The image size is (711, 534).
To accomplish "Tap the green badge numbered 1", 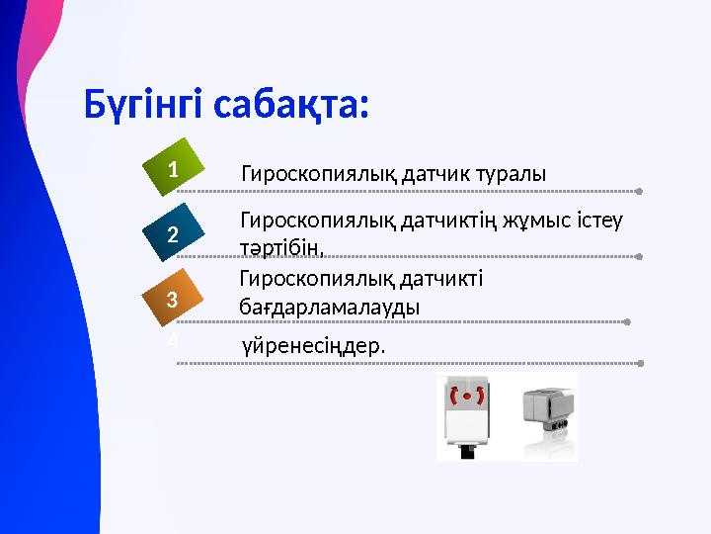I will tap(173, 170).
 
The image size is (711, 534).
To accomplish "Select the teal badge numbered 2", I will tap(173, 234).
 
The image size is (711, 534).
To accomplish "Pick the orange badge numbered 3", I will tap(173, 299).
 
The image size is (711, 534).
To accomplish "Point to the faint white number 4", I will tap(172, 341).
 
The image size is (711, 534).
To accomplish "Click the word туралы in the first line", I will tap(510, 174).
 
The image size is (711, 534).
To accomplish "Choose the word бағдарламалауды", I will tap(329, 307).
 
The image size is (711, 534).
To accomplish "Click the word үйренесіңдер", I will tap(313, 347).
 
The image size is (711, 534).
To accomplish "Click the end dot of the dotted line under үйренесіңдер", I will tap(641, 364).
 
